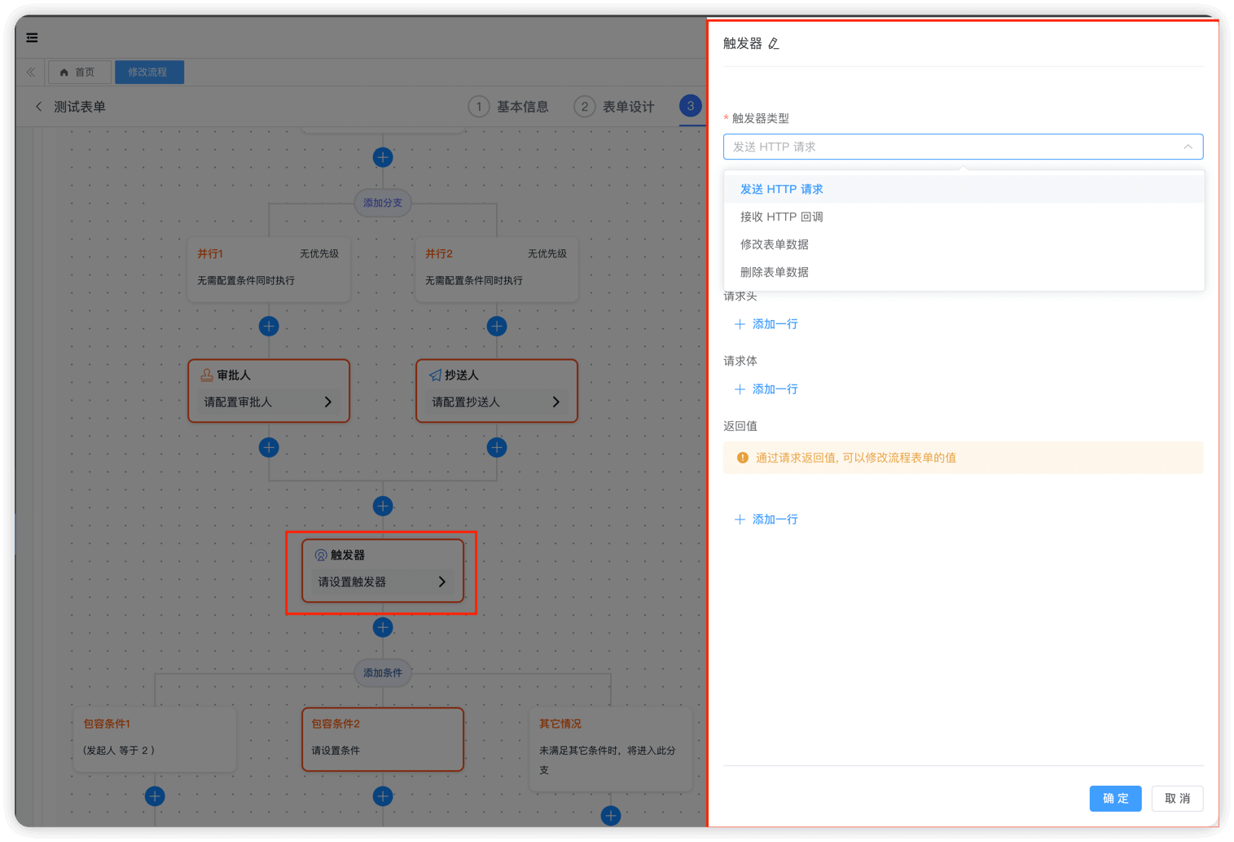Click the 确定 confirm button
click(1115, 798)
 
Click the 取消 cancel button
click(1177, 798)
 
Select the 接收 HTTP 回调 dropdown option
click(781, 217)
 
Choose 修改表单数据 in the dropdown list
click(774, 244)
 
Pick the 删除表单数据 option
click(774, 272)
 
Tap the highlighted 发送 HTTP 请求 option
click(781, 190)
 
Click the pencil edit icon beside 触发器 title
click(774, 43)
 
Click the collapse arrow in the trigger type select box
click(1188, 147)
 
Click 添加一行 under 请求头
click(766, 324)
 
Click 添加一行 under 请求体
click(766, 389)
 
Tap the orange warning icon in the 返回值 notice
click(743, 458)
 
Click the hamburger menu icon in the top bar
click(32, 37)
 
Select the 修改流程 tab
click(149, 72)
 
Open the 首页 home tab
click(79, 72)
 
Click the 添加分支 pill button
click(383, 203)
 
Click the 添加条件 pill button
click(383, 673)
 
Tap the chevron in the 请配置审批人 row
click(328, 402)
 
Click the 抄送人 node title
click(462, 375)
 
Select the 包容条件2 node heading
click(336, 724)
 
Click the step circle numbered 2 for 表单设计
click(585, 107)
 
